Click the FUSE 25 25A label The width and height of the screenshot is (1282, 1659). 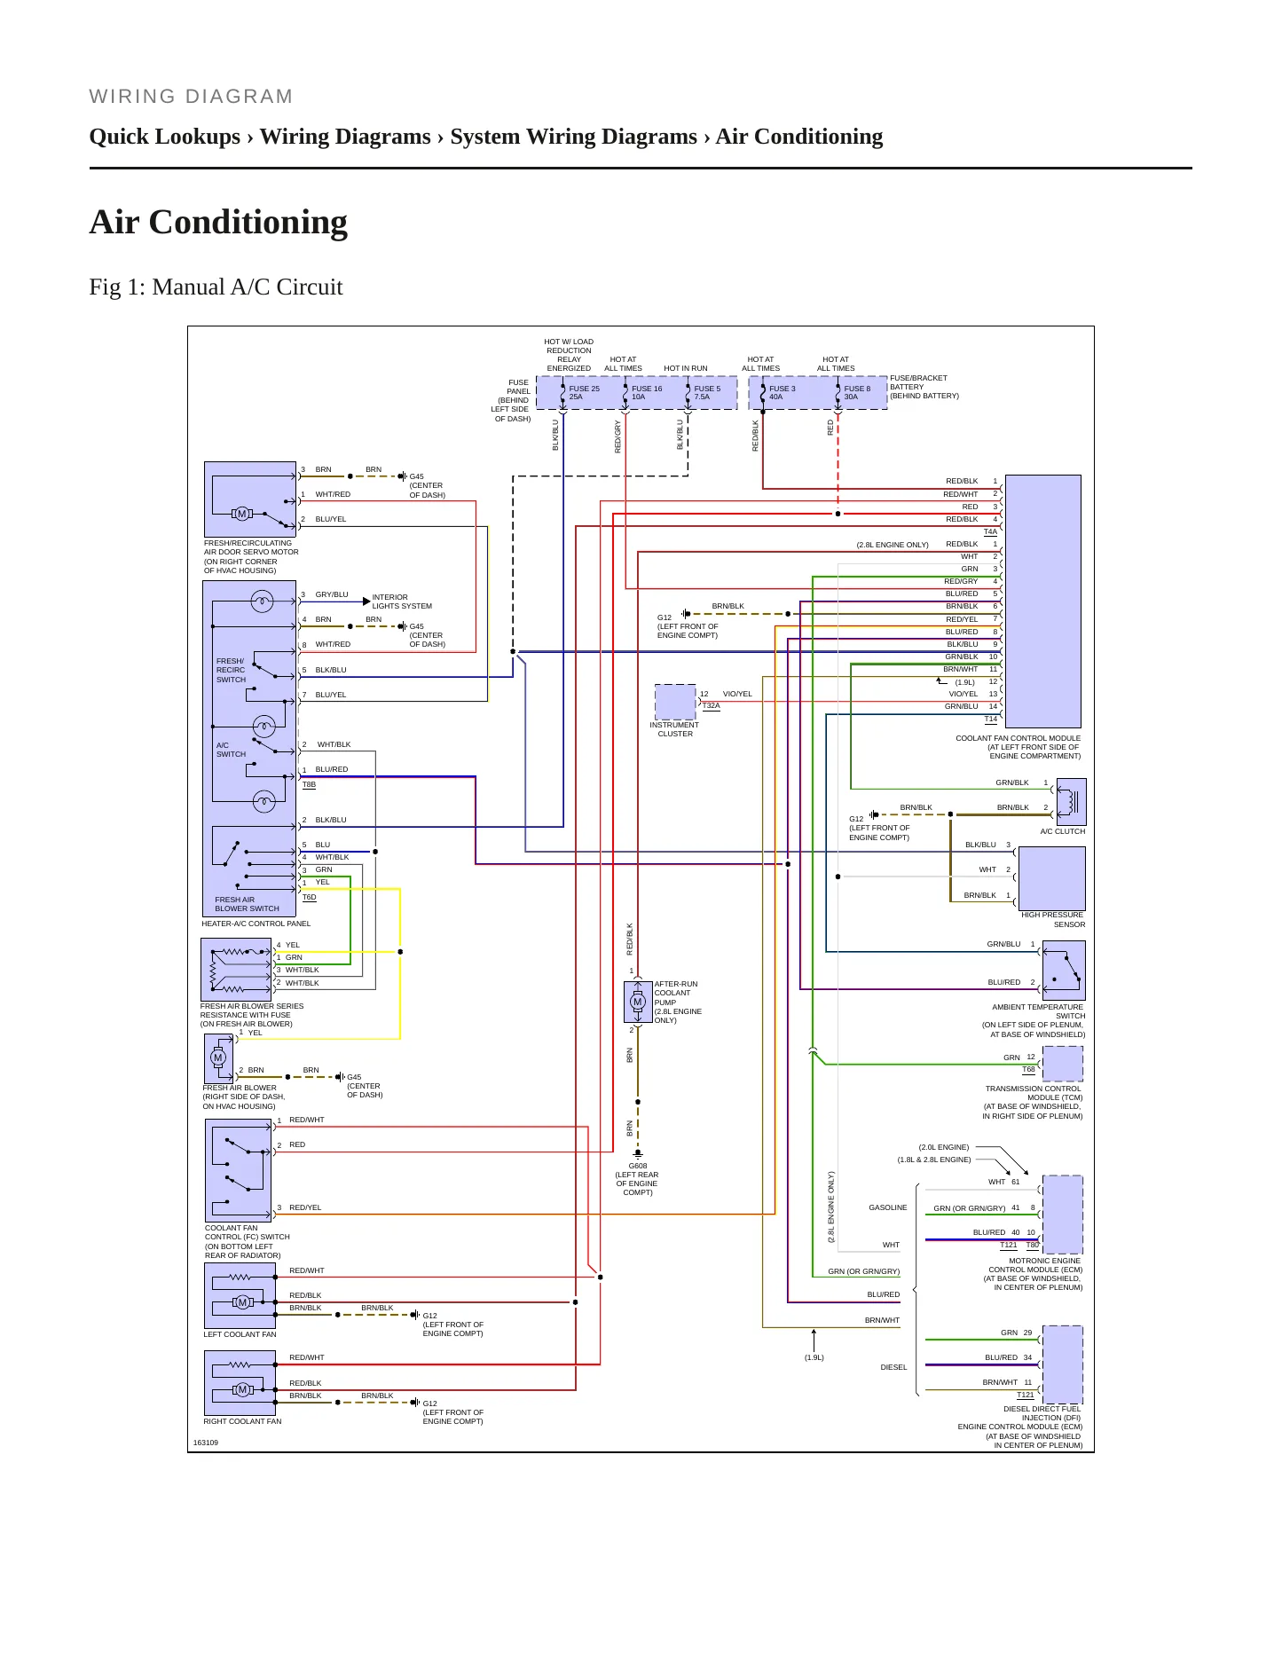[584, 393]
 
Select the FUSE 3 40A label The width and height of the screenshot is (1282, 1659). [782, 393]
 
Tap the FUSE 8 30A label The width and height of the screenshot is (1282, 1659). [857, 393]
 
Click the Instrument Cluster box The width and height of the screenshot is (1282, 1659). [675, 702]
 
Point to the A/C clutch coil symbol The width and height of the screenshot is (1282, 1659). [1071, 801]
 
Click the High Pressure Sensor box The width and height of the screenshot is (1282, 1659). [1052, 877]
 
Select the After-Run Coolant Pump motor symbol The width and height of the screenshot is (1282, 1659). [637, 1002]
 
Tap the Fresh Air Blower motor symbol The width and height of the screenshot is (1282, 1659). [218, 1058]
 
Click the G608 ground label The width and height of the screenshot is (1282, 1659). [637, 1166]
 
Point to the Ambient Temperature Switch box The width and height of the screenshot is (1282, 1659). [1064, 971]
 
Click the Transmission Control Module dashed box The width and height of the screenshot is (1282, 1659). [1063, 1064]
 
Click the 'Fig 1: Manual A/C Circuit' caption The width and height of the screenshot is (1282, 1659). [216, 287]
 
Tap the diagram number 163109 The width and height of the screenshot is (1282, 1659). [206, 1443]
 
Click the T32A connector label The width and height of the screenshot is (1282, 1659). [711, 706]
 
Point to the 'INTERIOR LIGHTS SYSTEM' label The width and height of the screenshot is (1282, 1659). [402, 601]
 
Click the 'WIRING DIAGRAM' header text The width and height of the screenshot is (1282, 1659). [191, 97]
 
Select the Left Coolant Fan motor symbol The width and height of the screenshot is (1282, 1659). [242, 1302]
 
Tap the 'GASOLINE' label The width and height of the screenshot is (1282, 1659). [888, 1207]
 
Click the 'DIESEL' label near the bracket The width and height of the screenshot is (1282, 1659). [893, 1367]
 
